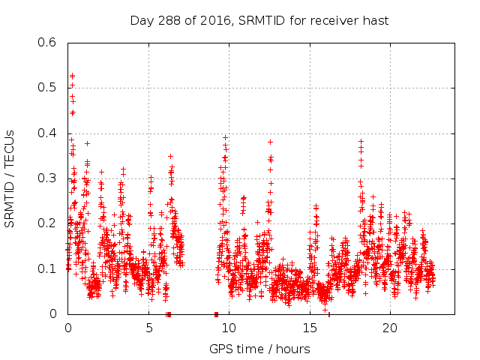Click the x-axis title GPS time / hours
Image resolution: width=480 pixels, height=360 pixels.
(259, 349)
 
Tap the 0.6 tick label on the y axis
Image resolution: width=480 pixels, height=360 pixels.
(47, 43)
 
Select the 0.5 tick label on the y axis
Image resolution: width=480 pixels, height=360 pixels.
(47, 88)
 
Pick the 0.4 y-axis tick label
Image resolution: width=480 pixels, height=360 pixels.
(47, 133)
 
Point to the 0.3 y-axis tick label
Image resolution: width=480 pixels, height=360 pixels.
(47, 178)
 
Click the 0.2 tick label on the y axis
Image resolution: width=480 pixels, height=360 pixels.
(47, 223)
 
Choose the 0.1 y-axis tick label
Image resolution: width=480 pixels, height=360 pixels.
(47, 268)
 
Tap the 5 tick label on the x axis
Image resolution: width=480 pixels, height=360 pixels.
(148, 328)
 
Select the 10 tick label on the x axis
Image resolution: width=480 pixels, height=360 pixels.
(229, 328)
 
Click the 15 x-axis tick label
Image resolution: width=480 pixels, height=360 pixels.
(310, 328)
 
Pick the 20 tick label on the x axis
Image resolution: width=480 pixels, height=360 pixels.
(390, 328)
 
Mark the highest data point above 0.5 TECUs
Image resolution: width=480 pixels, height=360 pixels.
(72, 76)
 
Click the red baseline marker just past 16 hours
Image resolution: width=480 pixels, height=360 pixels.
(328, 314)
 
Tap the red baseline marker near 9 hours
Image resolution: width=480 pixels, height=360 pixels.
(216, 314)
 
